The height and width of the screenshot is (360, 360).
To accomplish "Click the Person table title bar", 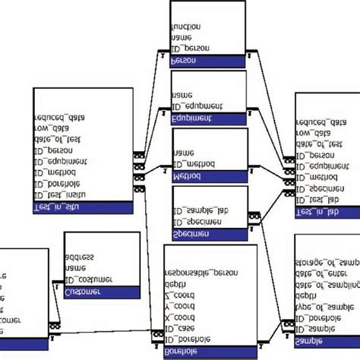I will [208, 62].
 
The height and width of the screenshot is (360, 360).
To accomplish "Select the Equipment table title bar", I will [208, 119].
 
